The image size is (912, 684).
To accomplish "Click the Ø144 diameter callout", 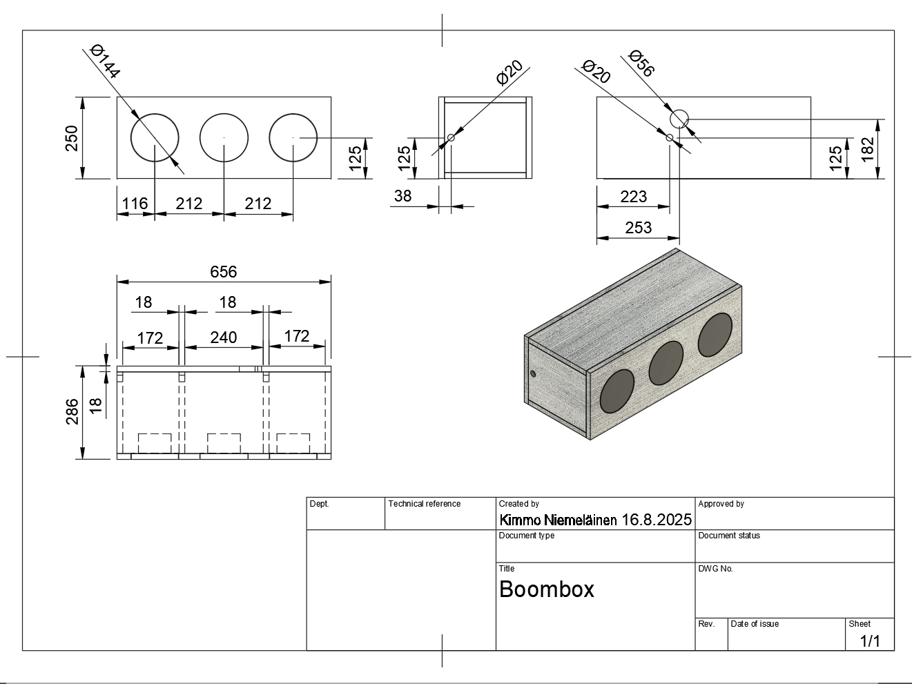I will point(106,61).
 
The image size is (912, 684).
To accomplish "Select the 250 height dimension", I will point(72,138).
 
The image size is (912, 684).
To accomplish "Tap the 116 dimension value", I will point(135,204).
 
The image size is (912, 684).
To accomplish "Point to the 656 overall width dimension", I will point(223,272).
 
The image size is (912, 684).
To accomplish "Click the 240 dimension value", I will point(223,338).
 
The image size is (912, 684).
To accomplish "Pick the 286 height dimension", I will point(72,412).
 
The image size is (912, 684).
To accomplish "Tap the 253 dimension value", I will point(638,228).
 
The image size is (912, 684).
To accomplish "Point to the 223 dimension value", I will point(633,197).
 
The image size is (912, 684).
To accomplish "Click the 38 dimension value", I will point(402,196).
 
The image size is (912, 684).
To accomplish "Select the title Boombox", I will point(546,589).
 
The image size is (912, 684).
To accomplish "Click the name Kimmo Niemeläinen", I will point(558,520).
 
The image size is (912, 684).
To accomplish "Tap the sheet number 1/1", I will point(870,641).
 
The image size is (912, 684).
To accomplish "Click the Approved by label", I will point(721,504).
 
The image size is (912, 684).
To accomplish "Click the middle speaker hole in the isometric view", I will point(666,362).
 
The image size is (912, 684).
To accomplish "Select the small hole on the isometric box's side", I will point(533,373).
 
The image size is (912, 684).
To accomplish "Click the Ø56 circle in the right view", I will point(679,119).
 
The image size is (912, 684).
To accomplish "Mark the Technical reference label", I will point(424,504).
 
